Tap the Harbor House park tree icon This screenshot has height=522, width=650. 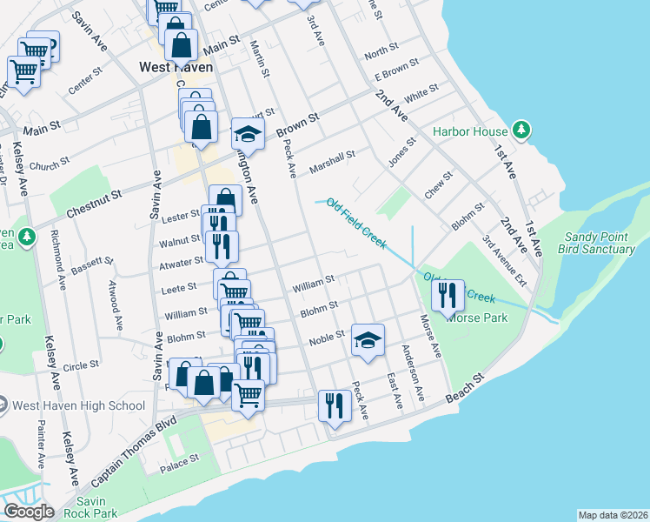point(521,131)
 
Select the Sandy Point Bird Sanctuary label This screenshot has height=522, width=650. point(600,243)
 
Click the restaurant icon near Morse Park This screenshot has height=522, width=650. point(448,296)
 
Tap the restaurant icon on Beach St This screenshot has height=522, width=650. point(335,405)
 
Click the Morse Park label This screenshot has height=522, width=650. point(477,318)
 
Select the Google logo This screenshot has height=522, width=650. point(29,512)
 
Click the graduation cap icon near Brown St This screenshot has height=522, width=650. point(247,134)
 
